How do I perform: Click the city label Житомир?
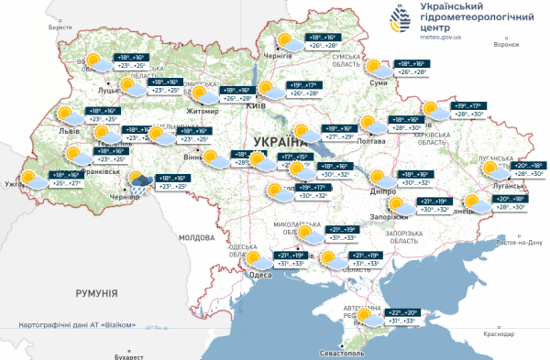point(202,111)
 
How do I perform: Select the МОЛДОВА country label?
point(196,236)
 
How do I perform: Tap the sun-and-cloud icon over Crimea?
point(369,317)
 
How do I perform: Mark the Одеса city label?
point(260,275)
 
